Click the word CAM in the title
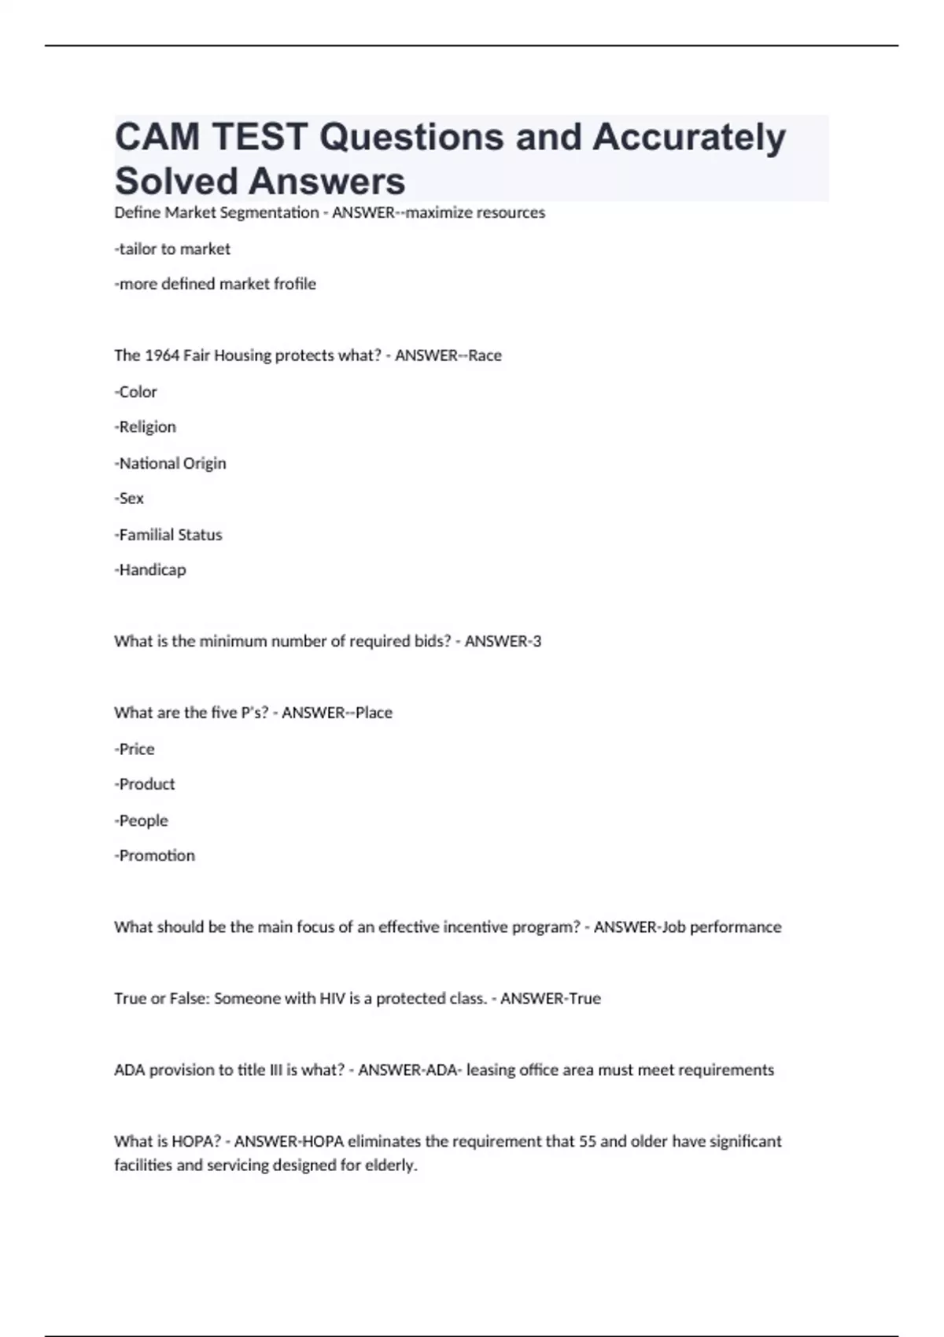click(157, 138)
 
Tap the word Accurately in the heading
click(689, 138)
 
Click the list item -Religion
click(146, 427)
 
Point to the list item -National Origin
click(170, 463)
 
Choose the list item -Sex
click(129, 499)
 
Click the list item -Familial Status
click(168, 535)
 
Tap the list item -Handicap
click(150, 570)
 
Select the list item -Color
click(136, 392)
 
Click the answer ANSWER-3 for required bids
click(503, 642)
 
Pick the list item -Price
click(135, 750)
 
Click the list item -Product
click(145, 785)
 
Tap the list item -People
click(142, 821)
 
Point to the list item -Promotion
click(155, 856)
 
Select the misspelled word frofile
click(293, 284)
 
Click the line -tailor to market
click(172, 249)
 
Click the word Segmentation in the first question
click(271, 213)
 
